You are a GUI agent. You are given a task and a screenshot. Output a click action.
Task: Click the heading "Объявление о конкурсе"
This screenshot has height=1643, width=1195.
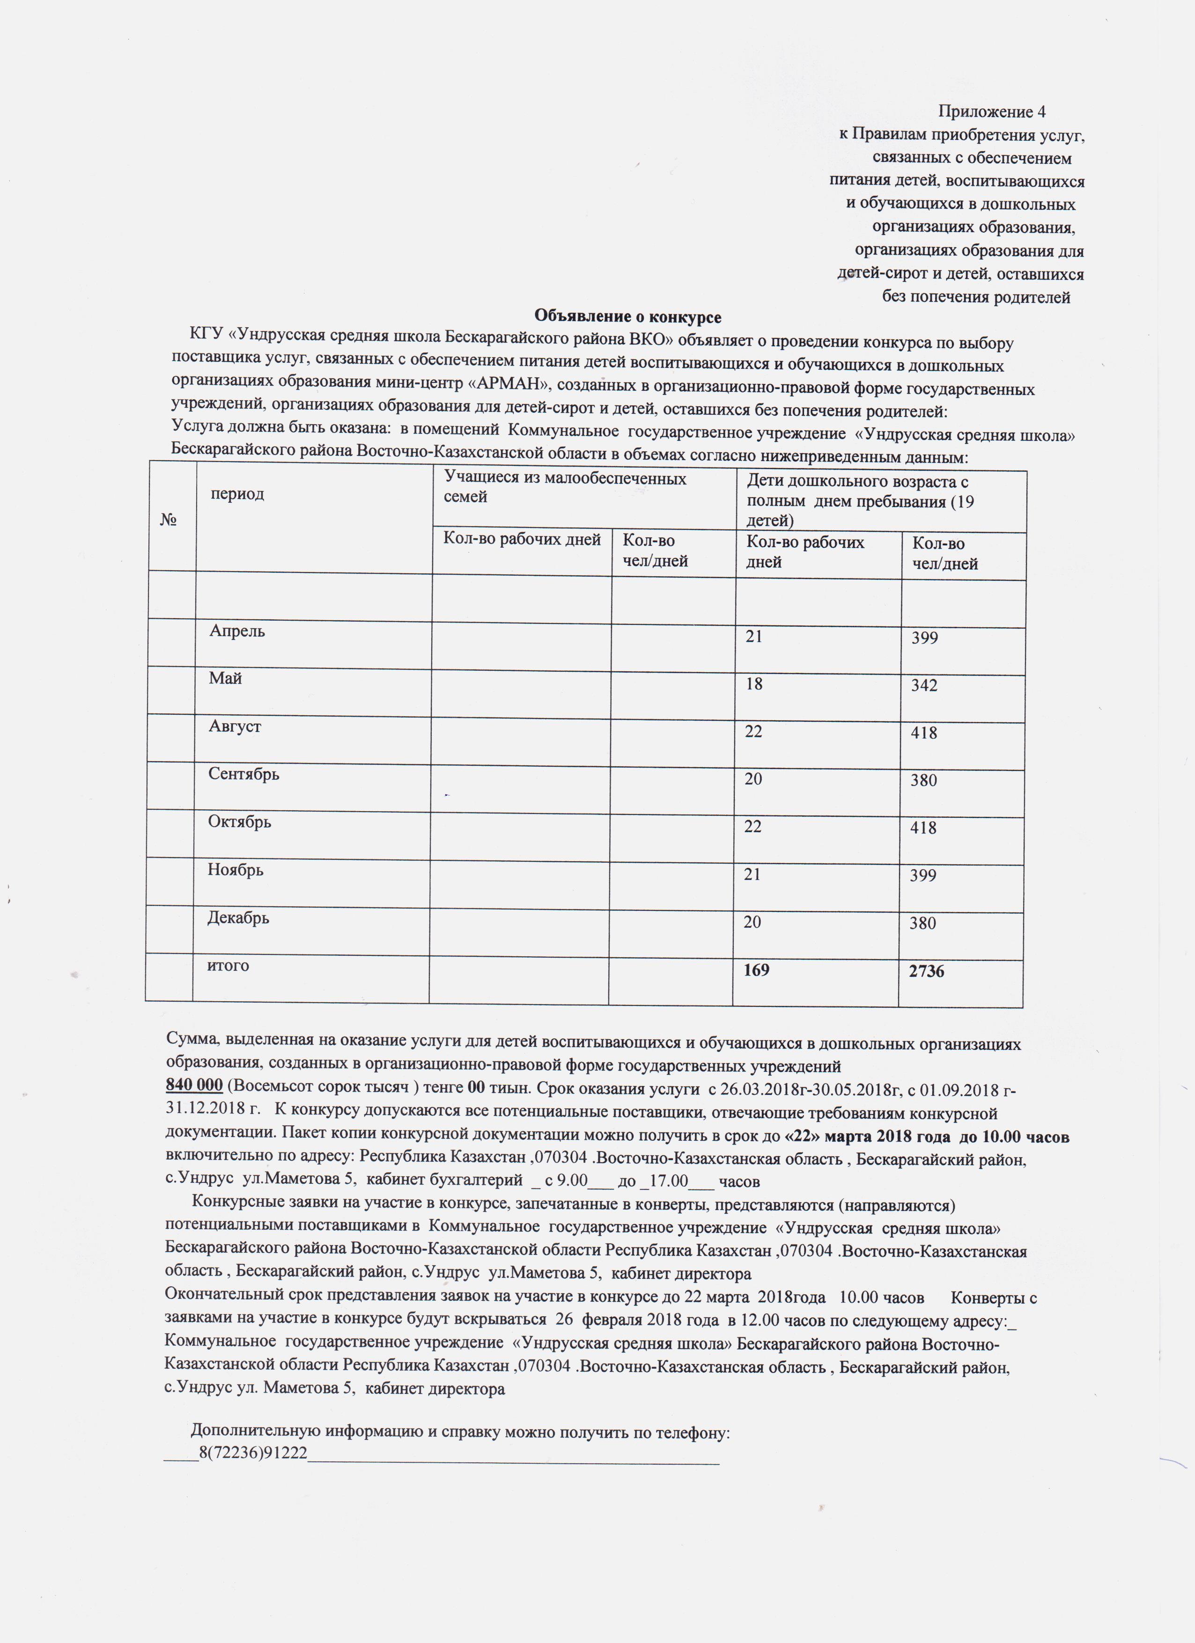[627, 316]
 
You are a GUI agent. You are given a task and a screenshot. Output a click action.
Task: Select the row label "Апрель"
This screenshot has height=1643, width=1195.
[237, 631]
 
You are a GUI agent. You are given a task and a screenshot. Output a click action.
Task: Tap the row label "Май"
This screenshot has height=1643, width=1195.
[225, 679]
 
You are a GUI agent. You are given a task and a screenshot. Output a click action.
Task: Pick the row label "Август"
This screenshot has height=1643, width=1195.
[235, 726]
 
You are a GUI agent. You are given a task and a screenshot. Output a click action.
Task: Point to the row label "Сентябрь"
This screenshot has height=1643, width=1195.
[243, 774]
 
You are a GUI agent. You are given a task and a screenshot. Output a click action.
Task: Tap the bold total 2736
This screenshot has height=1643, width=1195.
[926, 971]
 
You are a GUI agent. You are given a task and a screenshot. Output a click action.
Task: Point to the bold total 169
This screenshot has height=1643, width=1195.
[757, 970]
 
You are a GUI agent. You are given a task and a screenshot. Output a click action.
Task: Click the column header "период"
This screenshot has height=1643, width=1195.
[237, 494]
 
